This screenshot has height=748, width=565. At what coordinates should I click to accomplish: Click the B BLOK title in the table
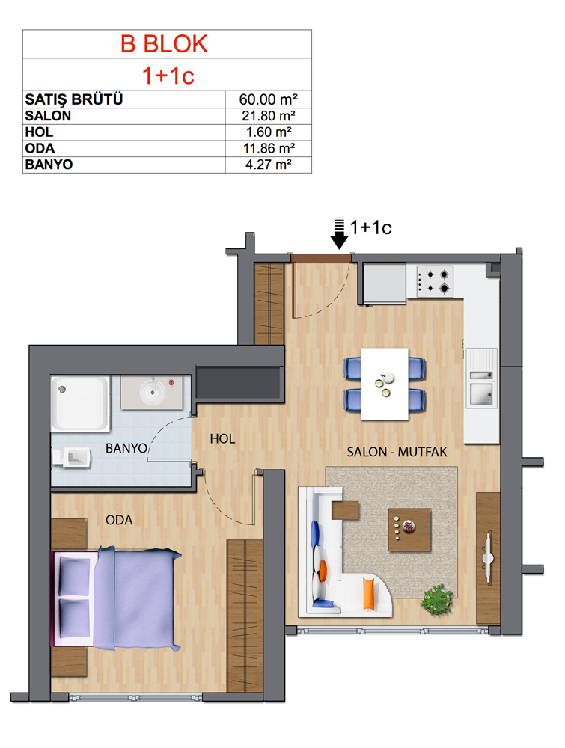tap(164, 44)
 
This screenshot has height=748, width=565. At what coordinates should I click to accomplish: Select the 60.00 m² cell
tap(268, 99)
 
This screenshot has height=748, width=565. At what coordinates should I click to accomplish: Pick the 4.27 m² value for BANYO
tap(268, 165)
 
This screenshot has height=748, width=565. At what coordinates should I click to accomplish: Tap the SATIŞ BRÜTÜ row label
tap(74, 99)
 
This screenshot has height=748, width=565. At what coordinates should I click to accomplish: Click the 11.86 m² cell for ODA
tap(269, 148)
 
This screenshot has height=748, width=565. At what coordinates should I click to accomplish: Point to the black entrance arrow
tap(339, 233)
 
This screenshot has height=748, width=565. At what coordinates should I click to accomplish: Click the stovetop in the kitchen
tap(435, 281)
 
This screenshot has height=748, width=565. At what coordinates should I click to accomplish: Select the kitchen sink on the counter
tap(482, 378)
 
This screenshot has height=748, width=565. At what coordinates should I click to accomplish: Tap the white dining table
tap(385, 384)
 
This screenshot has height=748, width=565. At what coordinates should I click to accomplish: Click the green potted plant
tap(436, 599)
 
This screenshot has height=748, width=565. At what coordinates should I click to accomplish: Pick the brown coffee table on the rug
tap(410, 530)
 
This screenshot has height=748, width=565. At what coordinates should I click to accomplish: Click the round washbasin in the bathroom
tap(153, 392)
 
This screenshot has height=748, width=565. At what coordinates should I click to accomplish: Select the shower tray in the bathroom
tap(80, 404)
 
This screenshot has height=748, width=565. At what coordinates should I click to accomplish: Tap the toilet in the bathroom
tap(71, 458)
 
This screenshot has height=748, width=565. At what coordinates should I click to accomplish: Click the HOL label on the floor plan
tap(222, 439)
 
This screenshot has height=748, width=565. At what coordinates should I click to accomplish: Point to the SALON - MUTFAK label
tap(397, 452)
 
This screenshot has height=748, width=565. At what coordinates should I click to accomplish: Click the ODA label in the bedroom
tap(119, 520)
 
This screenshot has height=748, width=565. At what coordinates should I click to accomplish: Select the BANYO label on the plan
tap(126, 448)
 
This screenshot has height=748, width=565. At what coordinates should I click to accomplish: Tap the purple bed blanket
tap(138, 598)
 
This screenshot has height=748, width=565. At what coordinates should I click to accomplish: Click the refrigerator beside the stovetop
tap(384, 283)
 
